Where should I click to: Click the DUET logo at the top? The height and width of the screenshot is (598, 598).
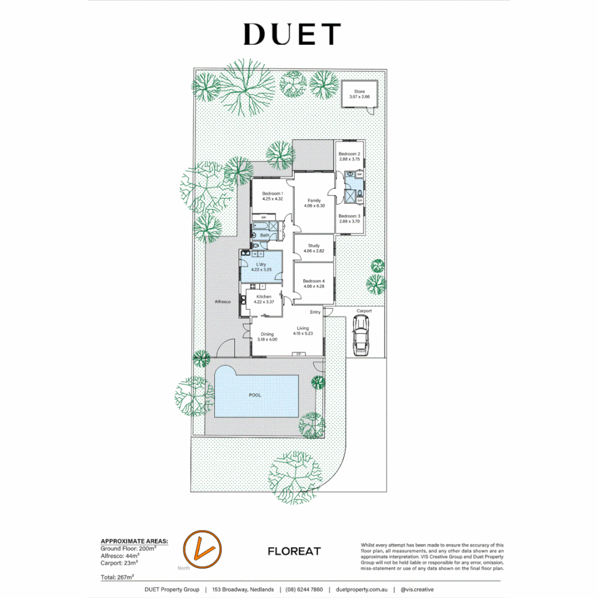point(291,34)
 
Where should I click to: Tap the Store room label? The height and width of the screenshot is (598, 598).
point(359,91)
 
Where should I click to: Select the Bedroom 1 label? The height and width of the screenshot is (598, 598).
point(272,193)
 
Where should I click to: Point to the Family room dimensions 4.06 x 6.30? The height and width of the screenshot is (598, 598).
point(314,206)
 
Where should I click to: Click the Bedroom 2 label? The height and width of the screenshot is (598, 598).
point(349,153)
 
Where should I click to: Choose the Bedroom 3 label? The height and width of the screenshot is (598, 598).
point(349,216)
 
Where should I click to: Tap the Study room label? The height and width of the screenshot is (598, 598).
point(314,245)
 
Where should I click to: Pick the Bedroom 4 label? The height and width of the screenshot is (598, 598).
point(314,281)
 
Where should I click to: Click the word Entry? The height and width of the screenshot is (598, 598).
point(315,312)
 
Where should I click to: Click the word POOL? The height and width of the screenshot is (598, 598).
point(255,395)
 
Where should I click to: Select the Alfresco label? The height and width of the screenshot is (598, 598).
point(223,302)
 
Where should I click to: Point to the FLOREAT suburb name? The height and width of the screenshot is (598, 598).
point(293,551)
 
